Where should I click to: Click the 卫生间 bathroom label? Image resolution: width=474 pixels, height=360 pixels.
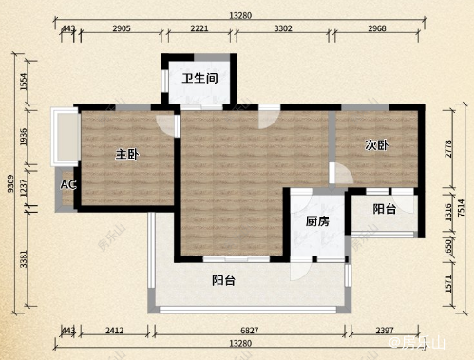click(200, 78)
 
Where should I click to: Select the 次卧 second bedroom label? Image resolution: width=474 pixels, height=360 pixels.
click(377, 144)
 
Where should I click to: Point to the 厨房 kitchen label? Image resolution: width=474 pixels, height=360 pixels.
click(317, 221)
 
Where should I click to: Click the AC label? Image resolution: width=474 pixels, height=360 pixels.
click(68, 184)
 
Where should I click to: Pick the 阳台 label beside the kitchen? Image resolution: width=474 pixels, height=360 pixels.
click(384, 209)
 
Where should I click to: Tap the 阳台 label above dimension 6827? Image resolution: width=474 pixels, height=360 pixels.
click(223, 280)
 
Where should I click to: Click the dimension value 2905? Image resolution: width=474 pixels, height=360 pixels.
click(120, 30)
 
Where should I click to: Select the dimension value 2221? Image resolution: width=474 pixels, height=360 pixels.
click(199, 30)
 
